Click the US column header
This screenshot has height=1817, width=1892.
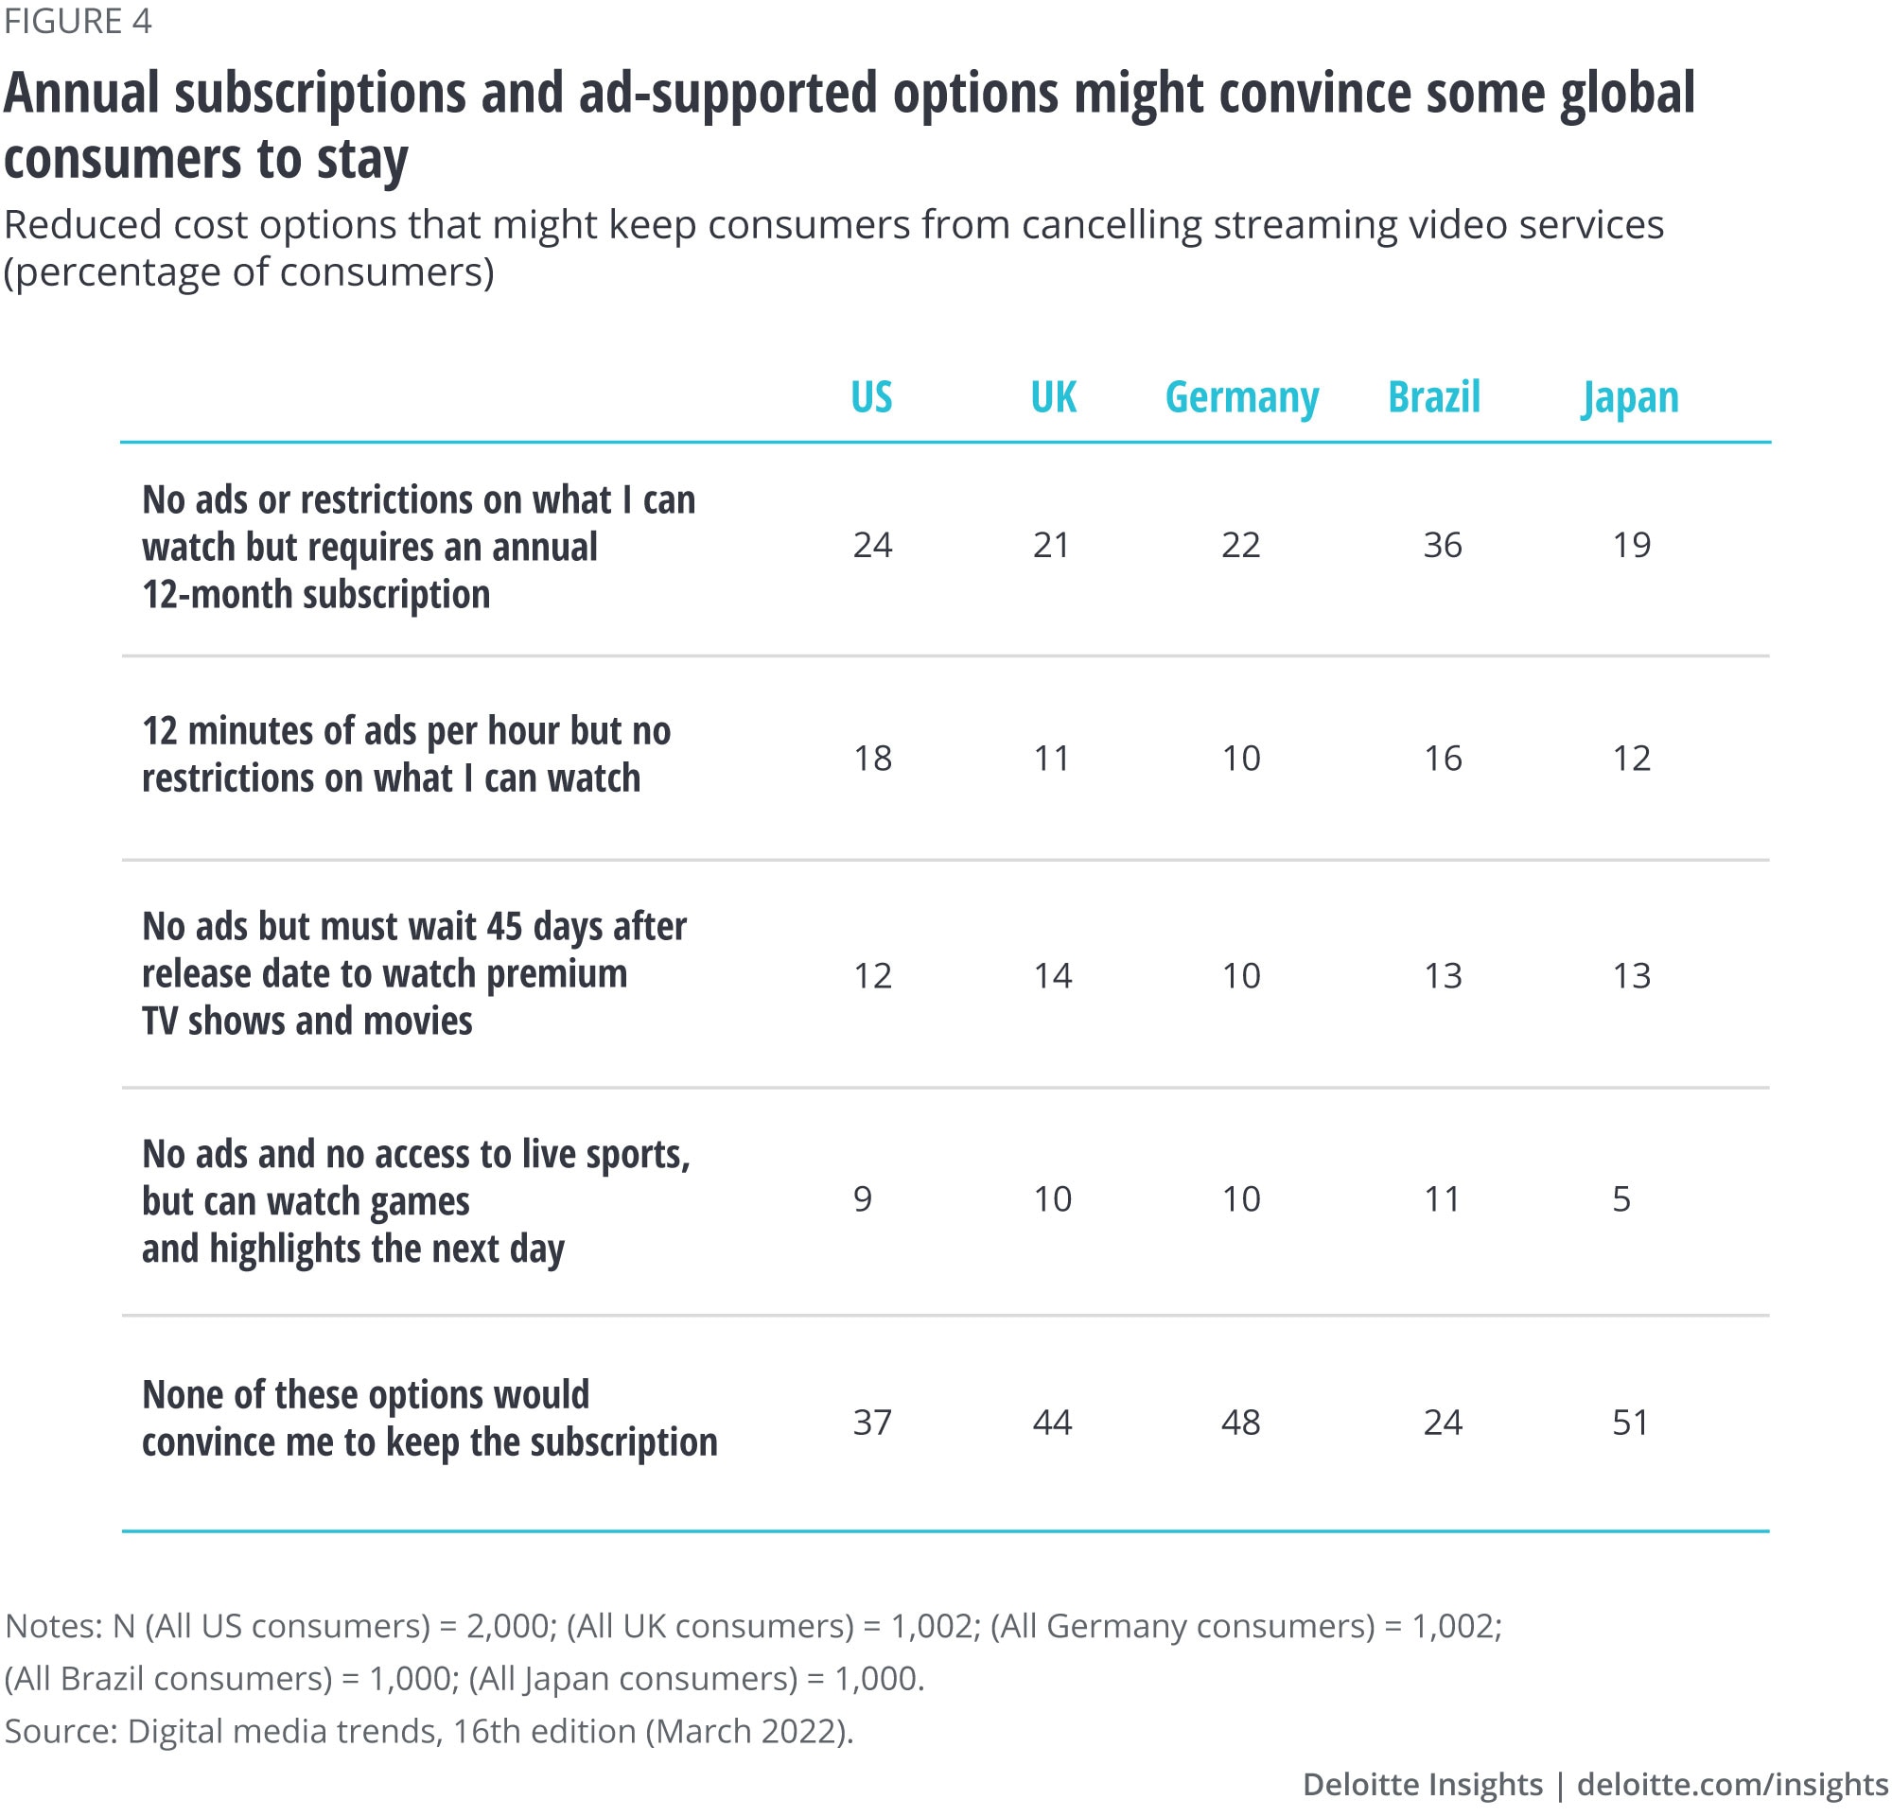pyautogui.click(x=870, y=396)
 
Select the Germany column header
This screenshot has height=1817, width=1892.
pyautogui.click(x=1241, y=397)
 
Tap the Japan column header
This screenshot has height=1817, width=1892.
pyautogui.click(x=1629, y=397)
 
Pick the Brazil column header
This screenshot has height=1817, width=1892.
pyautogui.click(x=1433, y=396)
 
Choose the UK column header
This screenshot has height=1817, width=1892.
pyautogui.click(x=1052, y=396)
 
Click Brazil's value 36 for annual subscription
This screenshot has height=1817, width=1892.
pyautogui.click(x=1442, y=545)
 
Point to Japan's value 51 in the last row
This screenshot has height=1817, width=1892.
pyautogui.click(x=1630, y=1423)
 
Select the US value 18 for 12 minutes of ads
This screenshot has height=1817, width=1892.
pyautogui.click(x=871, y=759)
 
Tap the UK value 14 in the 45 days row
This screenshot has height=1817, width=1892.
pyautogui.click(x=1052, y=975)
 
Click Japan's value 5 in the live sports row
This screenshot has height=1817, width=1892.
pyautogui.click(x=1621, y=1199)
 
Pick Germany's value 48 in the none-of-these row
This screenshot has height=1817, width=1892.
pyautogui.click(x=1240, y=1423)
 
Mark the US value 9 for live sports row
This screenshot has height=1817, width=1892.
pyautogui.click(x=863, y=1199)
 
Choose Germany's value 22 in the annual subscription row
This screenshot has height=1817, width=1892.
pyautogui.click(x=1240, y=545)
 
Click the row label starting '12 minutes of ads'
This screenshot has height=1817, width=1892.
pyautogui.click(x=406, y=755)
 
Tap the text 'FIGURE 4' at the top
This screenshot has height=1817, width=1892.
pyautogui.click(x=79, y=21)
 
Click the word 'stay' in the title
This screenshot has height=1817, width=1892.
pyautogui.click(x=362, y=159)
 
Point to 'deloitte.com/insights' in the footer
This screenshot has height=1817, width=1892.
pyautogui.click(x=1732, y=1784)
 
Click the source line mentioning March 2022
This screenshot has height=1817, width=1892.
pyautogui.click(x=429, y=1731)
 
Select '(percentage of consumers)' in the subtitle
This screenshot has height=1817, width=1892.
pyautogui.click(x=249, y=272)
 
